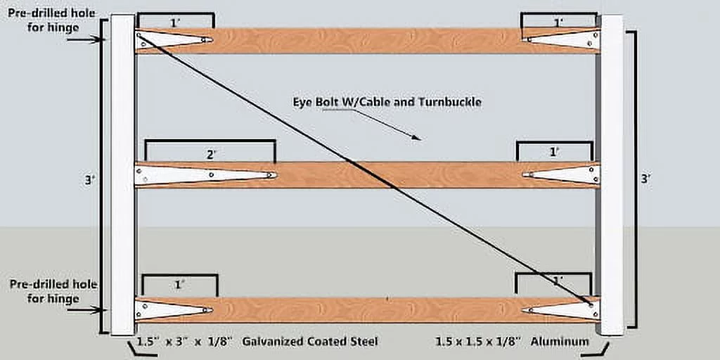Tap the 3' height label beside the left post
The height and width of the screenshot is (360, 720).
[88, 180]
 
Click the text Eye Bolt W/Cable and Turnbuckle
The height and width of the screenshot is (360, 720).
[387, 102]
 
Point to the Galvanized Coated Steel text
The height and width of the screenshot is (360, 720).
[310, 342]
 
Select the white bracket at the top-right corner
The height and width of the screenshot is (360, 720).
[562, 39]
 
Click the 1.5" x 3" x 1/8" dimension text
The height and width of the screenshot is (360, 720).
[182, 342]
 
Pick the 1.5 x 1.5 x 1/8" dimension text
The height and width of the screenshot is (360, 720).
[479, 342]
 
